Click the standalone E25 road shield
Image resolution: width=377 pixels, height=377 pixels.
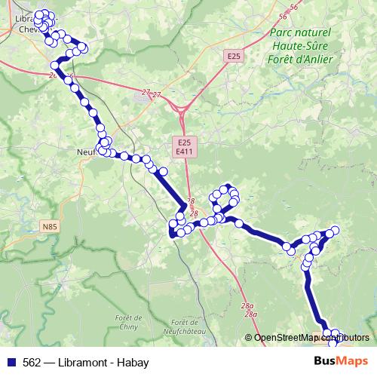[x=234, y=56]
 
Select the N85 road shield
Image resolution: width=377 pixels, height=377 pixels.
[x=50, y=226]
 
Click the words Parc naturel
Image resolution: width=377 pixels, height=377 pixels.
[x=300, y=33]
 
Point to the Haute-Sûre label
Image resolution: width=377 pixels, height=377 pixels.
[x=300, y=46]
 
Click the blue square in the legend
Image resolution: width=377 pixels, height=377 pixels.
[x=11, y=362]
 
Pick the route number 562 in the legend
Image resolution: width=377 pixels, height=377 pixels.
[x=32, y=362]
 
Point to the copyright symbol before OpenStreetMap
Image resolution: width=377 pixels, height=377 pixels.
[x=248, y=338]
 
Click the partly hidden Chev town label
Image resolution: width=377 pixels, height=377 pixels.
[x=25, y=29]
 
